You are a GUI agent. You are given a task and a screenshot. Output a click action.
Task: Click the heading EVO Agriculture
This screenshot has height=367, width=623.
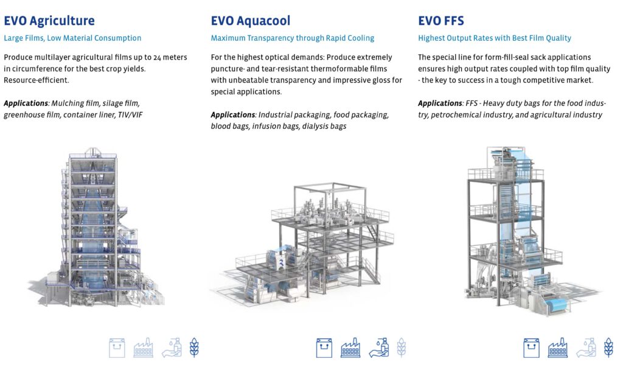pyautogui.click(x=49, y=21)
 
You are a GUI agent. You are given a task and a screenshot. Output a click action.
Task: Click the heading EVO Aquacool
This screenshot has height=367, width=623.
pyautogui.click(x=250, y=21)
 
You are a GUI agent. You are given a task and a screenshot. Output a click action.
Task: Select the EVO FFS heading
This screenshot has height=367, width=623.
pyautogui.click(x=440, y=21)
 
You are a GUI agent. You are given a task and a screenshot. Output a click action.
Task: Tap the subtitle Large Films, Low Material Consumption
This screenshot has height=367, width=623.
pyautogui.click(x=72, y=38)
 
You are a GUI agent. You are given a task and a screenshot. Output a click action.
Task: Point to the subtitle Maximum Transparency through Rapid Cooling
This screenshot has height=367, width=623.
pyautogui.click(x=292, y=38)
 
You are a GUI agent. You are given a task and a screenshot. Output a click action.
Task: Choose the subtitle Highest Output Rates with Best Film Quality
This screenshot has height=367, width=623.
pyautogui.click(x=494, y=38)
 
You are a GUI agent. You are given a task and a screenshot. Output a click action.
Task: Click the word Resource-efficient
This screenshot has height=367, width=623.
pyautogui.click(x=36, y=80)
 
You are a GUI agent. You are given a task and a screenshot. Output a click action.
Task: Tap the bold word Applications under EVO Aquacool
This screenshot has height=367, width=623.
pyautogui.click(x=233, y=115)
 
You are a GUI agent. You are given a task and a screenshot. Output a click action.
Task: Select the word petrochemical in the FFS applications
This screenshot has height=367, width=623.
pyautogui.click(x=461, y=114)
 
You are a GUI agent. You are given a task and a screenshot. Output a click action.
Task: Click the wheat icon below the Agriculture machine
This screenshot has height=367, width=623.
pyautogui.click(x=194, y=348)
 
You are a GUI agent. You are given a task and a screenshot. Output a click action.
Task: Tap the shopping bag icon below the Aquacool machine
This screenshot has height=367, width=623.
pyautogui.click(x=324, y=348)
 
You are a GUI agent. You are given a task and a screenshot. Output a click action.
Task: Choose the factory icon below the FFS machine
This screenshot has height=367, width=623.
pyautogui.click(x=558, y=348)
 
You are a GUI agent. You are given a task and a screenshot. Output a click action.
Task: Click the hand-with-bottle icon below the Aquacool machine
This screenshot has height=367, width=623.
pyautogui.click(x=378, y=348)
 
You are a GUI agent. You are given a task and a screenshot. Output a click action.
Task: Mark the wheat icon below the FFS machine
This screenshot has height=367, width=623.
pyautogui.click(x=608, y=348)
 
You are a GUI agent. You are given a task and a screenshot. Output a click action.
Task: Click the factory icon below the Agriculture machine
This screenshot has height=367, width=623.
pyautogui.click(x=143, y=348)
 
